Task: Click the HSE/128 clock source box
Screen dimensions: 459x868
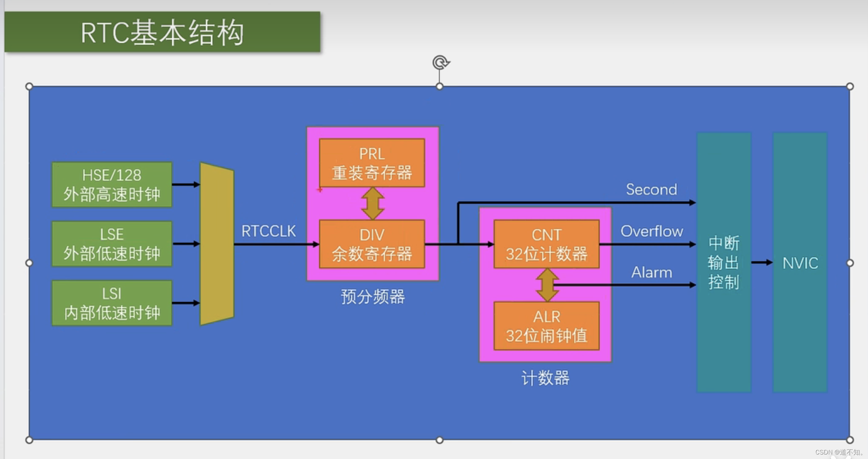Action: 112,185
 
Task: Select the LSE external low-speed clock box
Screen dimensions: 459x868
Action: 112,244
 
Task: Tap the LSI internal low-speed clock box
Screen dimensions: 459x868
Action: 112,303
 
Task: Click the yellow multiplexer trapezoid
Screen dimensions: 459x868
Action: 217,244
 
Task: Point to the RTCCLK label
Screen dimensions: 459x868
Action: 268,231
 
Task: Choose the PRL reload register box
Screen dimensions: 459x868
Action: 372,163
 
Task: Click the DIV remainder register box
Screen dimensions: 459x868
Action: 372,244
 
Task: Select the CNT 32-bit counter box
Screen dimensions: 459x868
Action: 546,244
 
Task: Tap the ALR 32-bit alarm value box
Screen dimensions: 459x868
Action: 546,326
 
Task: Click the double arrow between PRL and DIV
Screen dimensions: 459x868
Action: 372,203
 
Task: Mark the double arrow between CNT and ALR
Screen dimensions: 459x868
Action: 547,285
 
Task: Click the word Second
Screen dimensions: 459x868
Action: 651,189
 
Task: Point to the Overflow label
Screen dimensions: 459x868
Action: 652,231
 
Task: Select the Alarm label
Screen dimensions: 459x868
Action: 652,272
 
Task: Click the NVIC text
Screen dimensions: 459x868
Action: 800,263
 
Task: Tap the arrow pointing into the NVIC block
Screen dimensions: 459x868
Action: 762,262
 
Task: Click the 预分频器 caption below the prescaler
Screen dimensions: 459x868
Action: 373,297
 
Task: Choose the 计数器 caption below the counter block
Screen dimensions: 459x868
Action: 545,378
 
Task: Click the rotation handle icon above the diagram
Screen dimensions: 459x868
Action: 440,62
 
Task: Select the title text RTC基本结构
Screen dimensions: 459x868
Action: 162,33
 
